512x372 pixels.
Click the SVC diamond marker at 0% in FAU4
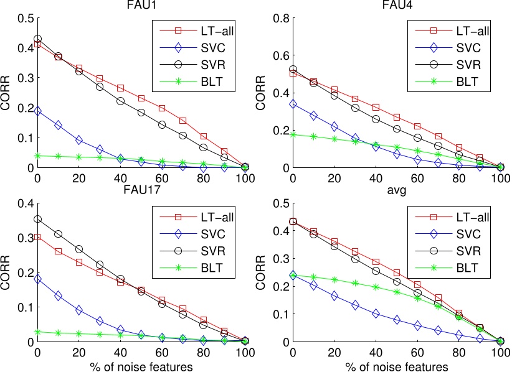click(x=292, y=104)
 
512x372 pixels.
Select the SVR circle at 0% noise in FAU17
click(x=37, y=219)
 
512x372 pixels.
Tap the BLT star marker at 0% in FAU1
click(x=37, y=156)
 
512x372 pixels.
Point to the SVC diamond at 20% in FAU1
click(x=79, y=140)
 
